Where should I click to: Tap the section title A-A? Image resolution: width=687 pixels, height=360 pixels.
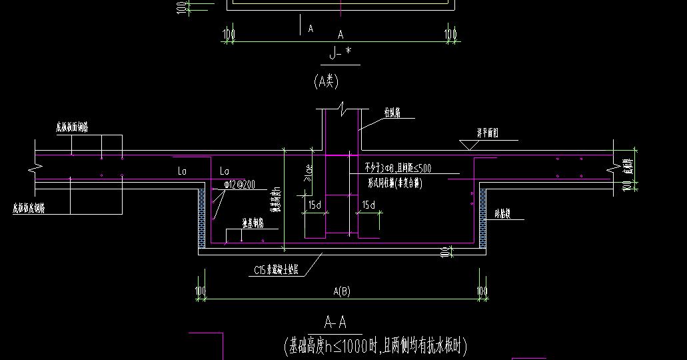(335, 323)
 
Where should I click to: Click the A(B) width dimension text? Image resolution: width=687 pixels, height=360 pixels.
(342, 291)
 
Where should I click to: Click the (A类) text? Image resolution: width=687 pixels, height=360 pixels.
(327, 81)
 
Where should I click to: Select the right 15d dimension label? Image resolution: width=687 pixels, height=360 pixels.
(368, 205)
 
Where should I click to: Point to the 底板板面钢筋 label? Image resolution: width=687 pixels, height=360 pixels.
(73, 126)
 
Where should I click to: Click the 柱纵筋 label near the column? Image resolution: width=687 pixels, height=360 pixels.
(392, 114)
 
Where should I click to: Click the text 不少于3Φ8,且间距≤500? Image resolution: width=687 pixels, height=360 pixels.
(398, 168)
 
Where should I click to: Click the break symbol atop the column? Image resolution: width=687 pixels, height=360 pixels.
(341, 107)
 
